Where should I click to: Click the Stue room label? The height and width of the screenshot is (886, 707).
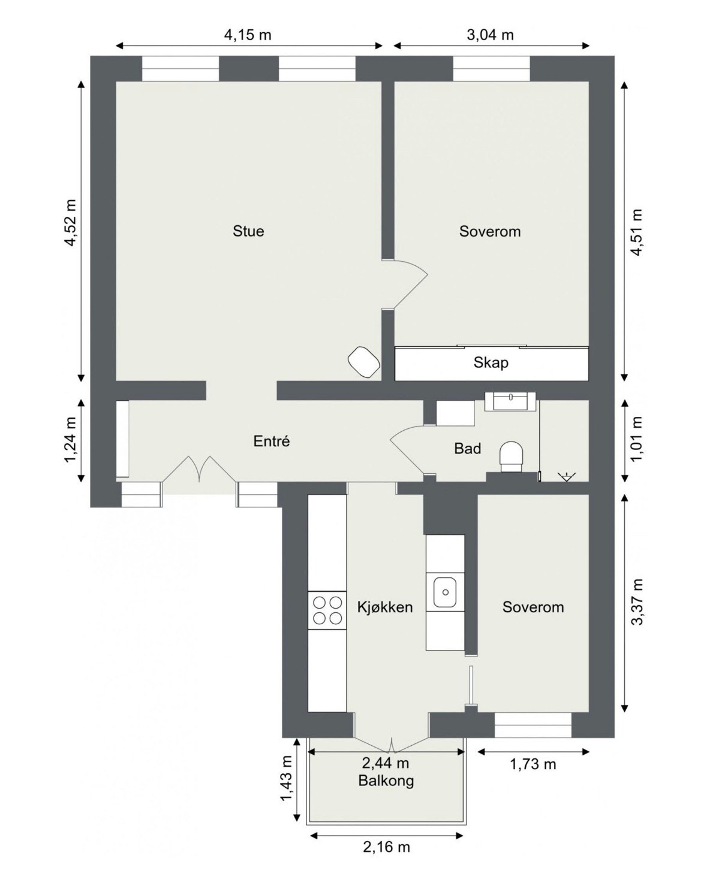tap(248, 231)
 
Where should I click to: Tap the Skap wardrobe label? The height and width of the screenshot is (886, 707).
tap(491, 362)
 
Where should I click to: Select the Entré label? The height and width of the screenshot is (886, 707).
tap(272, 442)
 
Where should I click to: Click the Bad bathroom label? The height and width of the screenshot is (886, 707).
tap(467, 448)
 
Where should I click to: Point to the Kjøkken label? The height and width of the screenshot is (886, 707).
tap(385, 607)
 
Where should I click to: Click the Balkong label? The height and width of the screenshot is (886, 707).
tap(386, 781)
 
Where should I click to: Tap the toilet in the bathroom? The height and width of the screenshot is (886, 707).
tap(512, 453)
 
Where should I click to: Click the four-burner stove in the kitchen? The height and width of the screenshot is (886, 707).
tap(327, 610)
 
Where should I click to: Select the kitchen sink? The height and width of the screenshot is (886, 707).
tap(445, 592)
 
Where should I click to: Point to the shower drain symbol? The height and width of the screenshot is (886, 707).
tap(565, 477)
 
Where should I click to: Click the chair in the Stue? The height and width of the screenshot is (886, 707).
tap(364, 362)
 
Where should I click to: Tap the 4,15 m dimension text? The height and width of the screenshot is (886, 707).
tap(248, 35)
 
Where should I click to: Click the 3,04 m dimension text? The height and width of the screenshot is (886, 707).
tap(490, 35)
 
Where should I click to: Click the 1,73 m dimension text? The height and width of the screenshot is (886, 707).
tap(532, 764)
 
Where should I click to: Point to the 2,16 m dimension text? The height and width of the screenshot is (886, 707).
tap(386, 846)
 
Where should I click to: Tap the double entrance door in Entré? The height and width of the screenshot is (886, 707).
tap(199, 470)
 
